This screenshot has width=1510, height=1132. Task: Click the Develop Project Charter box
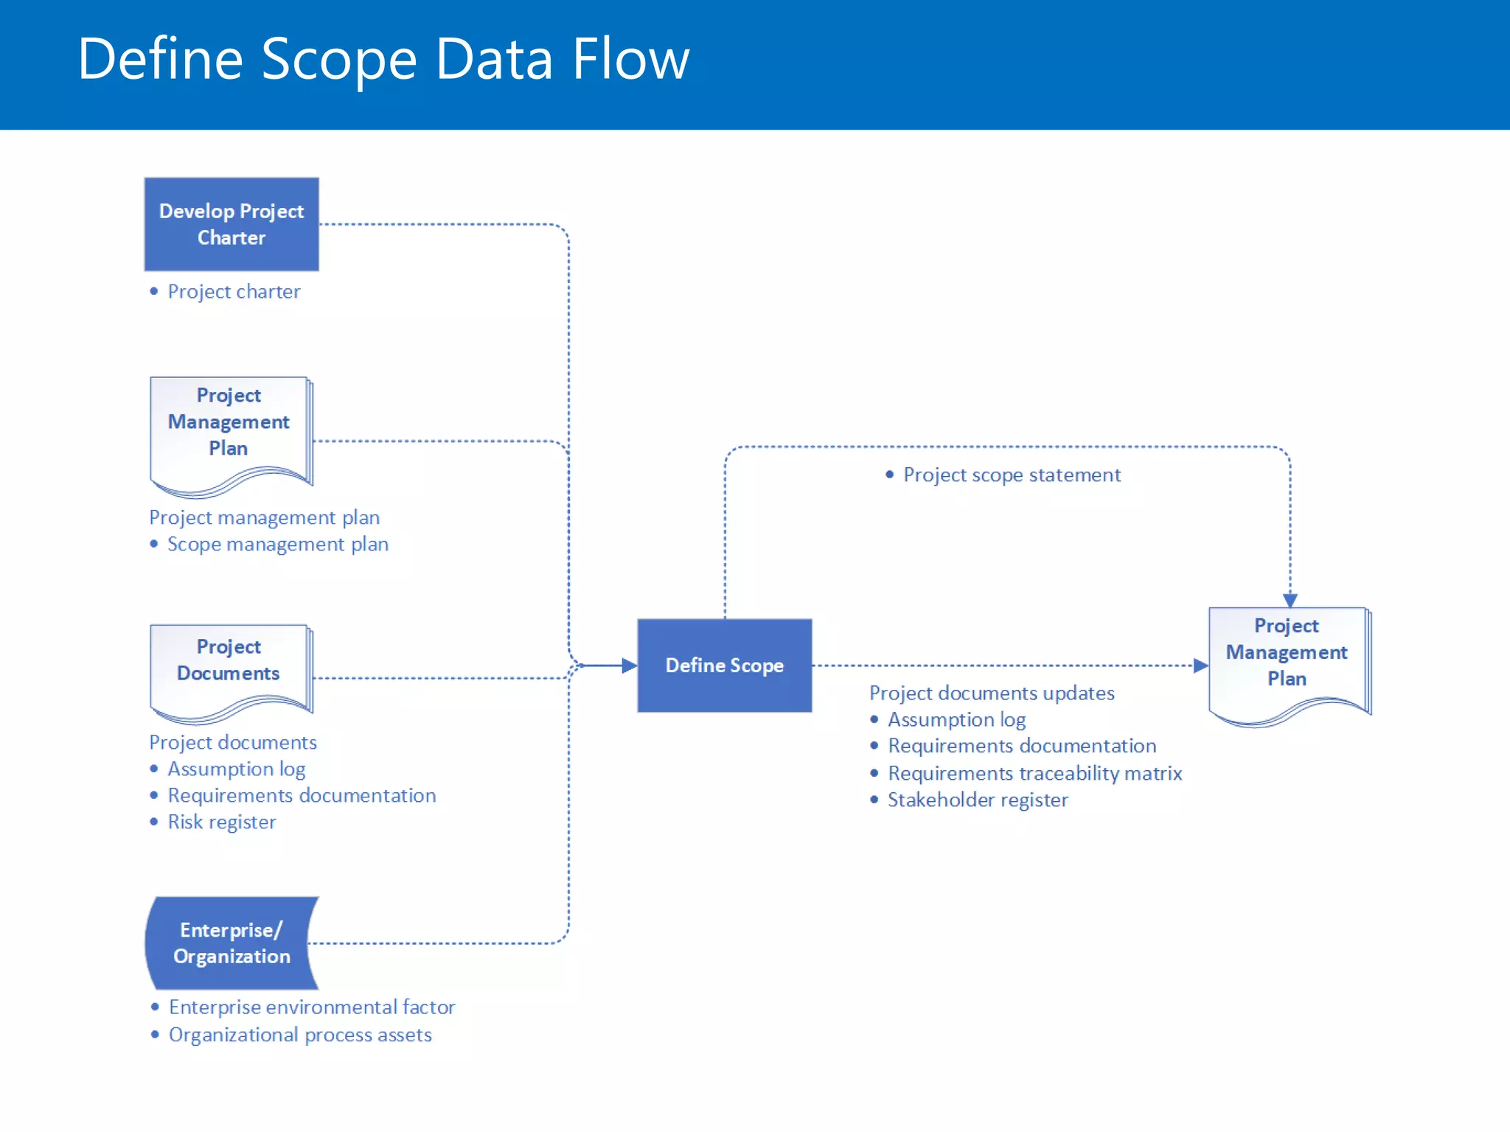click(x=232, y=224)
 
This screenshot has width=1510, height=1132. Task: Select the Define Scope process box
click(x=724, y=665)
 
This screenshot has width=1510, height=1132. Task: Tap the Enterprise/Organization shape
click(x=232, y=943)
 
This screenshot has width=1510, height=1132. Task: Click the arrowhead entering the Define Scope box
click(x=629, y=665)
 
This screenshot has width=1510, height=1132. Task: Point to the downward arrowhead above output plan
click(x=1290, y=600)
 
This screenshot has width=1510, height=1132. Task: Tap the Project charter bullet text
click(x=234, y=292)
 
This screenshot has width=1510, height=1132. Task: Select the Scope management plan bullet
click(x=277, y=545)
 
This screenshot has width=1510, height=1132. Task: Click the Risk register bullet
click(x=221, y=822)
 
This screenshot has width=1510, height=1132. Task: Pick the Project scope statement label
click(x=1012, y=475)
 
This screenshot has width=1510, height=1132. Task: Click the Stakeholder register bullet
click(x=978, y=800)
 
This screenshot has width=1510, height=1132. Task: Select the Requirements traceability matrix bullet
click(x=1034, y=773)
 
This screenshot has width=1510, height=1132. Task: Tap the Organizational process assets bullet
click(x=300, y=1035)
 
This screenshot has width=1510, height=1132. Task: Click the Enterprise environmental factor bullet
click(x=312, y=1007)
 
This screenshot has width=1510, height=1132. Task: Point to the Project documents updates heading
click(x=991, y=693)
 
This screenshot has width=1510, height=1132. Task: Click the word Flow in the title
click(x=630, y=59)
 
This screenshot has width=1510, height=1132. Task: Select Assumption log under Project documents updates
click(x=956, y=720)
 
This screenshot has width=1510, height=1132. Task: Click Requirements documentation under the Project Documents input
click(x=302, y=796)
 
